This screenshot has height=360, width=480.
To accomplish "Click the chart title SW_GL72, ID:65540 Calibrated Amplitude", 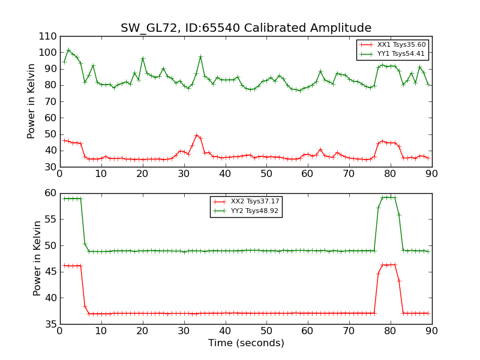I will (x=246, y=28).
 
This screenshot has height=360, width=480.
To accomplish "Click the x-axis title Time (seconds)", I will (x=246, y=343).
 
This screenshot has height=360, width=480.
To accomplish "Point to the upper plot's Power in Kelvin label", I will (x=32, y=101).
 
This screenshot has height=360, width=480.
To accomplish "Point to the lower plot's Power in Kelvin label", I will (x=38, y=258).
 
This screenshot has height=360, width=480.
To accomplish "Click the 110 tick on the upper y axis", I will (x=47, y=36).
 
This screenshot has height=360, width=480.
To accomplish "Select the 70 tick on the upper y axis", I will (x=50, y=101).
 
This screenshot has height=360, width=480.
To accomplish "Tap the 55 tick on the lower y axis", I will (x=50, y=219).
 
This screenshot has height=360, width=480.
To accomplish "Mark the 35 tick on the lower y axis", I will (x=50, y=324).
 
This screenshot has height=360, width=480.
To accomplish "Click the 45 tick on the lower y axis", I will (x=50, y=272).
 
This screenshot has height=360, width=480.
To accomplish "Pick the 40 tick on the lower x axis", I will (x=225, y=331).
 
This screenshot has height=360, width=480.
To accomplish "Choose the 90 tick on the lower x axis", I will (x=431, y=331).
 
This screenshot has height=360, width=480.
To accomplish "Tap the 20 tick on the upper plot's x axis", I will (x=142, y=173).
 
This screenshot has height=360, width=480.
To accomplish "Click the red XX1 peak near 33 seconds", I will (x=196, y=135).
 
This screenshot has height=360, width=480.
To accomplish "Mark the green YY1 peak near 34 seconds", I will (x=200, y=56).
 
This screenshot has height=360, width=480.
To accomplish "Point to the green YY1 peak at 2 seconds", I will (x=68, y=50).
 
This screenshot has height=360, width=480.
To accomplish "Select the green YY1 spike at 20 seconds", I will (x=143, y=58).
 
